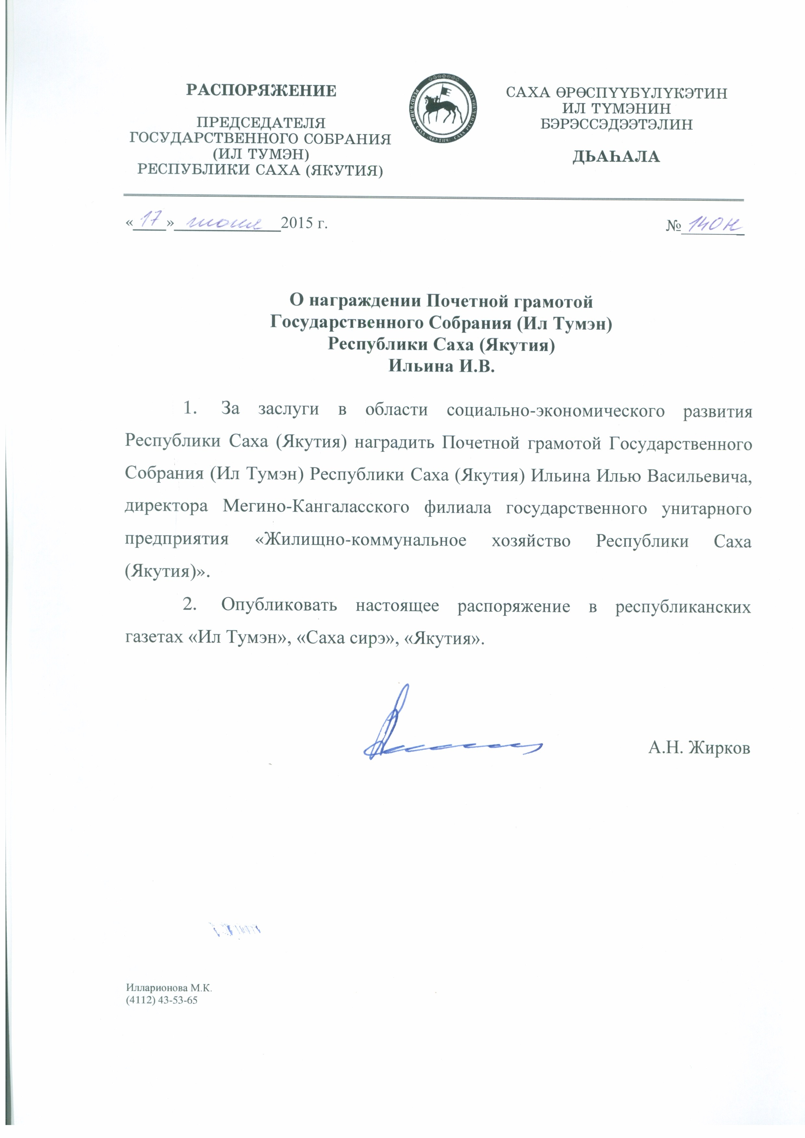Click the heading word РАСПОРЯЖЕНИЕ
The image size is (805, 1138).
[x=261, y=91]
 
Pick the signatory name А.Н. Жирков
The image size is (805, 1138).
[x=699, y=748]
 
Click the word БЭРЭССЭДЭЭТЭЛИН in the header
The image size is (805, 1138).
[x=616, y=124]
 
